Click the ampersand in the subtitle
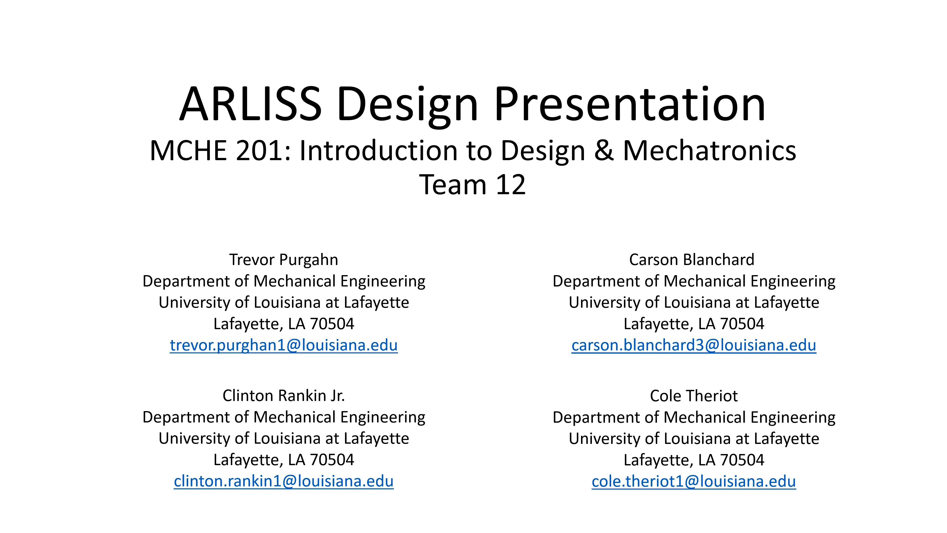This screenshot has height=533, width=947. [x=604, y=151]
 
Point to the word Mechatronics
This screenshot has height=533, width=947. [x=710, y=151]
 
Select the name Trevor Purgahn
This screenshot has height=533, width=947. [x=283, y=260]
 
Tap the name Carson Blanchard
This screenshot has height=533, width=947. [x=692, y=260]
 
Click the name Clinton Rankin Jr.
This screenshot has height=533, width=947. [x=283, y=396]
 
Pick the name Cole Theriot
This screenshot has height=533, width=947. [x=694, y=396]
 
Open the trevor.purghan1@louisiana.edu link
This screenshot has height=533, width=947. [x=283, y=345]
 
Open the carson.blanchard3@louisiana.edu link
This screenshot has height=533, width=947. [x=694, y=345]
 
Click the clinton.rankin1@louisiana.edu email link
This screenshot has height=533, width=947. [x=283, y=481]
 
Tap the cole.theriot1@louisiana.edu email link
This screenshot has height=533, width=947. [x=694, y=481]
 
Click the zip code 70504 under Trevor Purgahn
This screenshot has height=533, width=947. [x=332, y=324]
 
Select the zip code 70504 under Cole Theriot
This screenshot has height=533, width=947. [x=742, y=460]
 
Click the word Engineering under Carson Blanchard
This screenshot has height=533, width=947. [x=793, y=281]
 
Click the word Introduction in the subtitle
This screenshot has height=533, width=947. [x=379, y=151]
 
